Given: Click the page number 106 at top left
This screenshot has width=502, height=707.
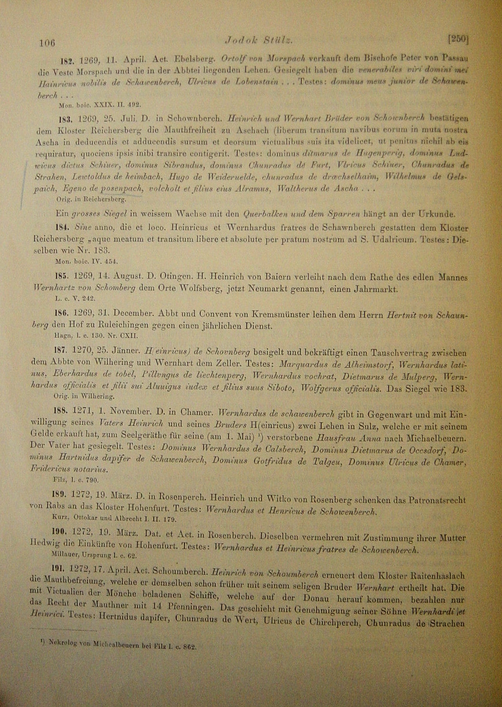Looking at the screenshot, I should pyautogui.click(x=47, y=42).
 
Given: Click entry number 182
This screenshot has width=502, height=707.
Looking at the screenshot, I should pyautogui.click(x=66, y=61).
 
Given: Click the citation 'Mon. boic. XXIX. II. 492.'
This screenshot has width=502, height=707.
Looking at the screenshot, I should pyautogui.click(x=100, y=104).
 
